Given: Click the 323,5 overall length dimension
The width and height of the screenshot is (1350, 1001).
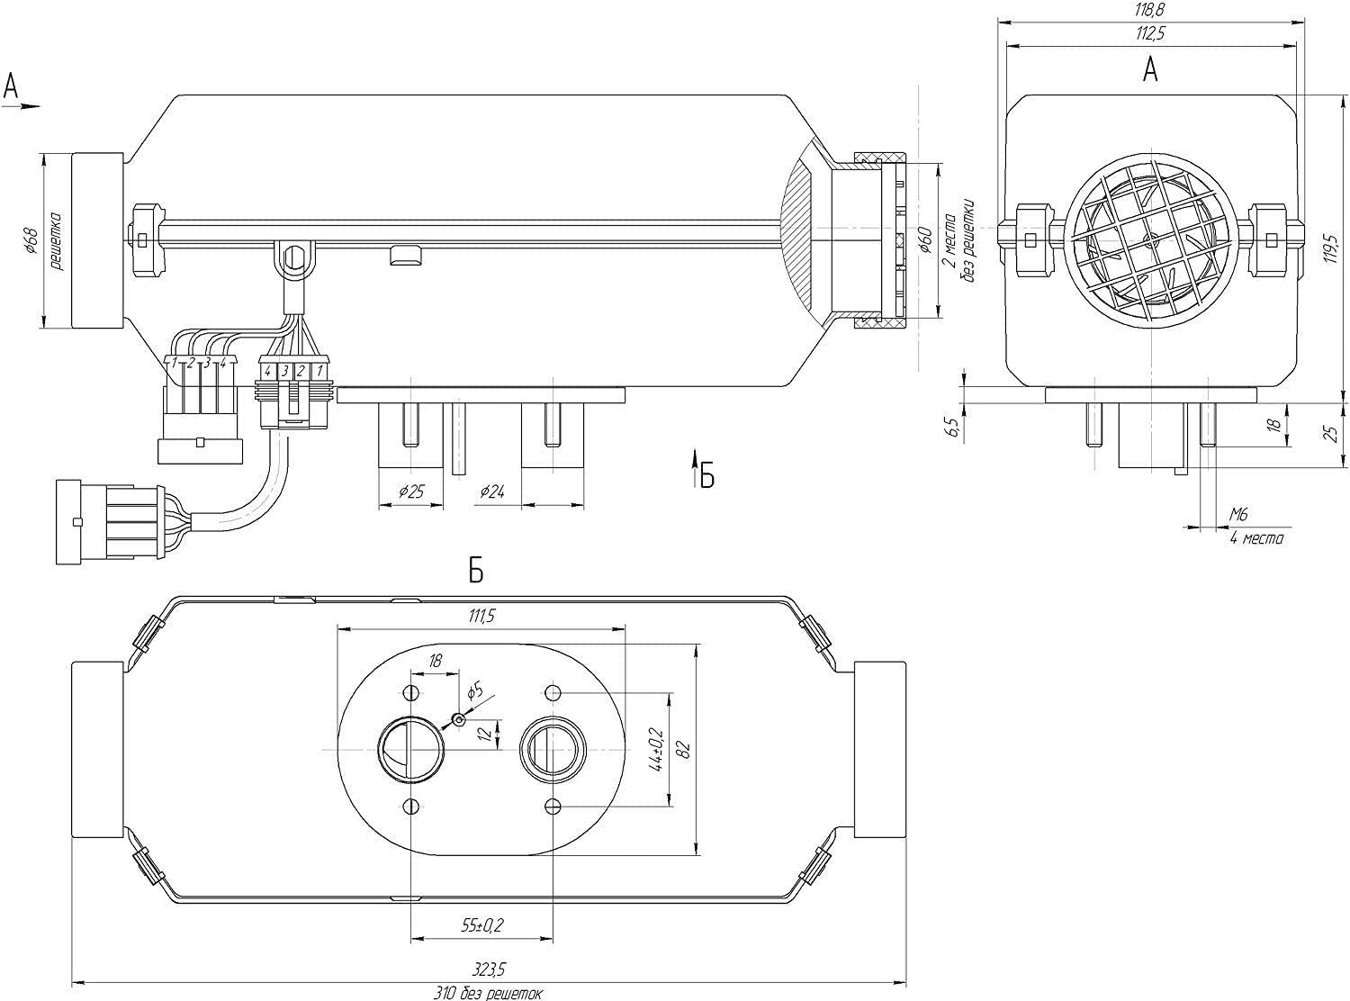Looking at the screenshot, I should pyautogui.click(x=490, y=969).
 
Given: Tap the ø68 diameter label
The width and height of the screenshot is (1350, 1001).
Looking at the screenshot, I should pyautogui.click(x=30, y=242).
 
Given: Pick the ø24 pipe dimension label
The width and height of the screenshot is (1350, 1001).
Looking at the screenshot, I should pyautogui.click(x=493, y=491).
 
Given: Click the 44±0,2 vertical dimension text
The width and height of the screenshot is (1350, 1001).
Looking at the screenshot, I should pyautogui.click(x=656, y=750).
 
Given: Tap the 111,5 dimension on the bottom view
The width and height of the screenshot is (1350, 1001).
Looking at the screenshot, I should pyautogui.click(x=481, y=616).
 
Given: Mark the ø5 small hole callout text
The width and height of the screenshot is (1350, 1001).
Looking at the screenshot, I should pyautogui.click(x=475, y=691).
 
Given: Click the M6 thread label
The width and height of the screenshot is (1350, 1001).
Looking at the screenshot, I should pyautogui.click(x=1239, y=515).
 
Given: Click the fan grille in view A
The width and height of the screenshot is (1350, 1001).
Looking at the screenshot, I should pyautogui.click(x=1150, y=243).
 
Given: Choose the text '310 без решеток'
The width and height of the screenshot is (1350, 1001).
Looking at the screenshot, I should pyautogui.click(x=490, y=993).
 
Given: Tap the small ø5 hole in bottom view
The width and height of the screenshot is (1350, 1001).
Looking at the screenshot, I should pyautogui.click(x=460, y=718).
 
